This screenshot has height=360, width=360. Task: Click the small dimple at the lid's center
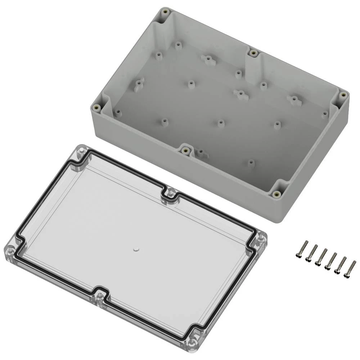[x=136, y=249]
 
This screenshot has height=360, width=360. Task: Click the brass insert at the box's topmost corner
[x=166, y=12]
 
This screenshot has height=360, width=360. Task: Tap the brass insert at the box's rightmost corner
[x=343, y=95]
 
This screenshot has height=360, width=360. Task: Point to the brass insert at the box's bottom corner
[x=277, y=194]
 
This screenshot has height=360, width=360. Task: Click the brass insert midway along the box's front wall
[x=185, y=150]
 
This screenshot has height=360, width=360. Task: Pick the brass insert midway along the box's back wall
[x=254, y=53]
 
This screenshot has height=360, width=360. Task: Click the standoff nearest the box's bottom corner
[x=251, y=163]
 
